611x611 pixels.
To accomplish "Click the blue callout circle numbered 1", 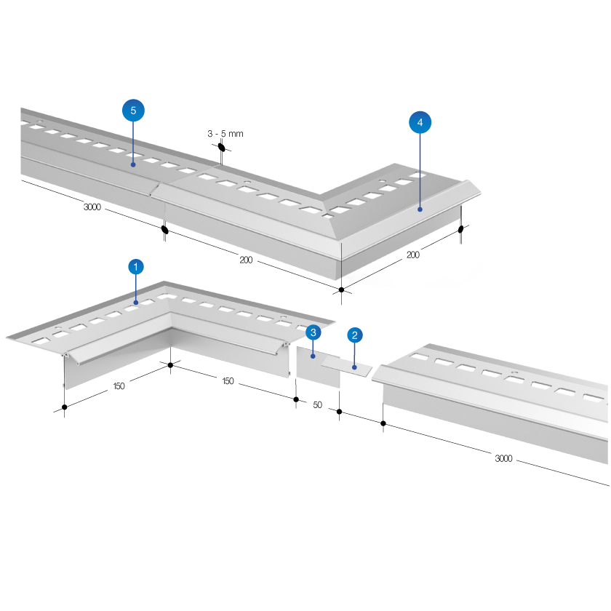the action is (135, 267).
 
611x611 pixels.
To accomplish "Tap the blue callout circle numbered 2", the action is (355, 335).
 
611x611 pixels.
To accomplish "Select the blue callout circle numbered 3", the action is (314, 332).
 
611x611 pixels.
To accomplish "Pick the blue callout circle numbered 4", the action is (420, 122).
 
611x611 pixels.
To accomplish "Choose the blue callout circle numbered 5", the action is (133, 111).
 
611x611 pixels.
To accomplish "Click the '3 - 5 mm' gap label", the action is (225, 134).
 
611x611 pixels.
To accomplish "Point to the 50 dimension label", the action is (318, 405).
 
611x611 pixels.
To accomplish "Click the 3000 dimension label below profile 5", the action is (92, 207).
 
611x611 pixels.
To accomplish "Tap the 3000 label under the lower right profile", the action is (503, 458).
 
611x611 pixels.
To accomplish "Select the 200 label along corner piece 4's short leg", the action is (413, 255).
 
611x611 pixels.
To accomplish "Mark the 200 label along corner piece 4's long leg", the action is (246, 260).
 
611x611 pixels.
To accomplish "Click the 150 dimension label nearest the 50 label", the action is (228, 380).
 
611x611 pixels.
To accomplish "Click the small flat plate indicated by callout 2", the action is (346, 367).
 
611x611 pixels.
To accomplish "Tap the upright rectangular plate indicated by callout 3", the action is (318, 367).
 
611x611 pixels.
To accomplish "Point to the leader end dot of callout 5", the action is (133, 165).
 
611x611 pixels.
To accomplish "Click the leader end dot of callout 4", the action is (420, 209).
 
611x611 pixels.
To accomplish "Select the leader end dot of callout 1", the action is (136, 303).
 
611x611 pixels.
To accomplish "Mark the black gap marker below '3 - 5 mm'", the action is (221, 147).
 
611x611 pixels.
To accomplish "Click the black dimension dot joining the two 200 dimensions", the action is (341, 289).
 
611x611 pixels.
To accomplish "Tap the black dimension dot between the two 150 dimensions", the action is (170, 365).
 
